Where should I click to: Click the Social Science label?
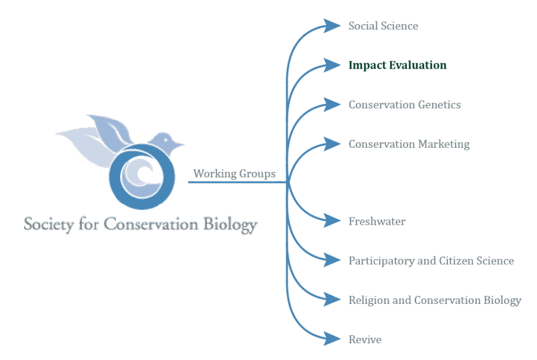(x=383, y=26)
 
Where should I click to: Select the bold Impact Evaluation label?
(x=398, y=66)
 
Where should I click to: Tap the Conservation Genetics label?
(x=404, y=104)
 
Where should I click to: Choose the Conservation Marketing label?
(x=409, y=144)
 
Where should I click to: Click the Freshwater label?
(x=377, y=221)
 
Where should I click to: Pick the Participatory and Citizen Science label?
(x=431, y=260)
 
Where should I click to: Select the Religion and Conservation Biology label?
(x=435, y=300)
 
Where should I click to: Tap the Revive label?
(x=365, y=339)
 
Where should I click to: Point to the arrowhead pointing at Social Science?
(x=332, y=25)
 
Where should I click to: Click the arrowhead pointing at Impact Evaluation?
(x=332, y=64)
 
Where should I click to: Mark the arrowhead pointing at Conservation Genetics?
(x=332, y=104)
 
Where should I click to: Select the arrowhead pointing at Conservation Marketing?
(x=332, y=143)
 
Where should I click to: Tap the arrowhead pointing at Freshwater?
(x=332, y=221)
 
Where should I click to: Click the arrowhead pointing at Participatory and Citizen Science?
(x=332, y=260)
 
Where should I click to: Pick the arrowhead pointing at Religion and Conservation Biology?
(x=332, y=299)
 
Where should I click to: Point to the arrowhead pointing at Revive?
(x=332, y=339)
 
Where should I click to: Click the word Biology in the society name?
(x=231, y=225)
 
